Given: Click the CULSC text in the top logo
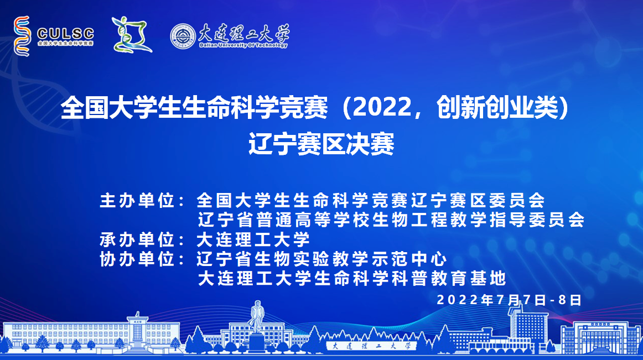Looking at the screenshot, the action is (x=66, y=33).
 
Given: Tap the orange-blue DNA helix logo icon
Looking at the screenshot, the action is (x=22, y=36).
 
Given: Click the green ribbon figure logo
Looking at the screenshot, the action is (x=131, y=35).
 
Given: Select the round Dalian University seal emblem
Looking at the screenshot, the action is (x=183, y=36).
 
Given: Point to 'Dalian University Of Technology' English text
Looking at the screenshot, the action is (x=243, y=45).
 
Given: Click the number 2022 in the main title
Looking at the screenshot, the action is (x=382, y=108).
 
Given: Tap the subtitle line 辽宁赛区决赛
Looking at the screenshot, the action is (x=321, y=144).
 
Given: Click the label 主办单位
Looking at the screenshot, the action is (x=137, y=201).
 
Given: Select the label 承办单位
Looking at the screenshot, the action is (x=137, y=239).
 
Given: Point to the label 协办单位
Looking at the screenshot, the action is (x=137, y=259).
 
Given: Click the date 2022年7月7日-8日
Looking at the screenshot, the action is (x=509, y=300).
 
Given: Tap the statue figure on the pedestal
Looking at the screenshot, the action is (x=257, y=316).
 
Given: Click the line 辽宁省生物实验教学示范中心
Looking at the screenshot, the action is (x=321, y=259).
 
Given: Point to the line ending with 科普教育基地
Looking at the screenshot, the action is (x=352, y=279).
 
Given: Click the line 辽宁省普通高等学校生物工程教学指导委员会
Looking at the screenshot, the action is (x=391, y=220).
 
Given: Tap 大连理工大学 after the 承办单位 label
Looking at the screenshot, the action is (x=253, y=239).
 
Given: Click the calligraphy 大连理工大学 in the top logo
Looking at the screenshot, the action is (x=245, y=33).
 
